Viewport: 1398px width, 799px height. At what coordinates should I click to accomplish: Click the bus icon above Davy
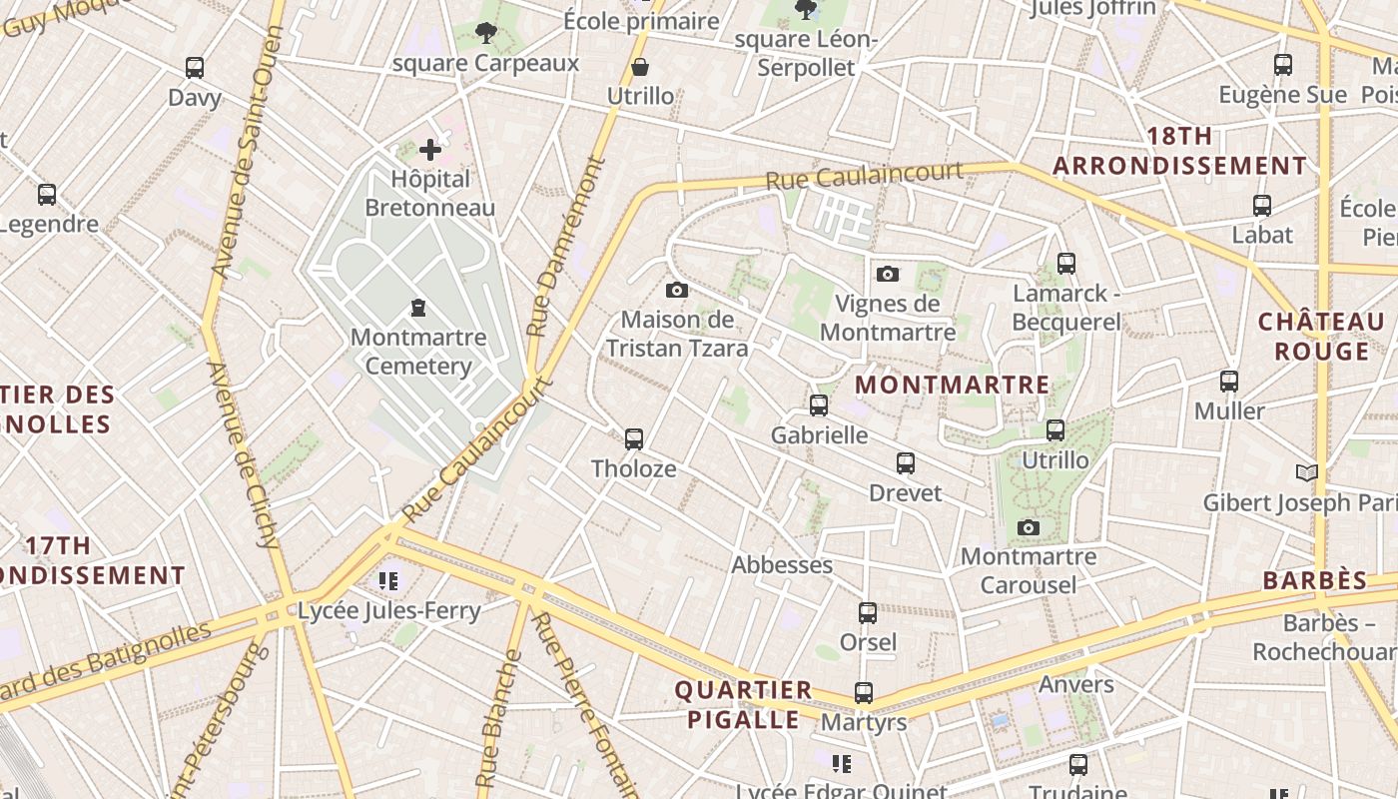click(195, 68)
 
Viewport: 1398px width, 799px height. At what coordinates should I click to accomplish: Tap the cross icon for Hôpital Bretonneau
click(430, 150)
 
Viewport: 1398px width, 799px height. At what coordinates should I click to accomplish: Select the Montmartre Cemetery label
click(418, 352)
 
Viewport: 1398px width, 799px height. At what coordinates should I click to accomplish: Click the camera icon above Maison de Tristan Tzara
click(677, 291)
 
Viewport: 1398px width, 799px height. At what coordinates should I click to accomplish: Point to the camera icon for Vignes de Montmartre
click(888, 274)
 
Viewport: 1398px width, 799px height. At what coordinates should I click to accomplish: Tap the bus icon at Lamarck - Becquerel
click(1066, 264)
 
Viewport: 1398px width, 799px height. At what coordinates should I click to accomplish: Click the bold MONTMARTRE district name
click(953, 385)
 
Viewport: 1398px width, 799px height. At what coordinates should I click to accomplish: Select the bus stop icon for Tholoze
click(634, 439)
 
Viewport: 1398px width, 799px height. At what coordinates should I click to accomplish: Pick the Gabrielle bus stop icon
click(819, 405)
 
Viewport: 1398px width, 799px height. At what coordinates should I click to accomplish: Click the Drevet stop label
click(905, 493)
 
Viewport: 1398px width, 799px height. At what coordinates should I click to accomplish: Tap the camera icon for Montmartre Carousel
click(1029, 527)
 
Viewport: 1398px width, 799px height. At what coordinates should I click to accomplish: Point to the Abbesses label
click(782, 565)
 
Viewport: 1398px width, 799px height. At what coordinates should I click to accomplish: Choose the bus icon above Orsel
click(868, 613)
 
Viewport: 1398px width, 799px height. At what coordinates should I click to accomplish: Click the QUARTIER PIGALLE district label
click(743, 705)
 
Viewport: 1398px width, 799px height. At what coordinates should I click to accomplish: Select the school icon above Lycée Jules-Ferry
click(389, 580)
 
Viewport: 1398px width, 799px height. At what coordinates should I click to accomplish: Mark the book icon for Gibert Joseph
click(1306, 472)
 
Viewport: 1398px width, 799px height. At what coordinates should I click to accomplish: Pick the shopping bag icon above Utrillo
click(640, 67)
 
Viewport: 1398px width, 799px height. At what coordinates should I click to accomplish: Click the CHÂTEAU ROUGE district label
click(1321, 337)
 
